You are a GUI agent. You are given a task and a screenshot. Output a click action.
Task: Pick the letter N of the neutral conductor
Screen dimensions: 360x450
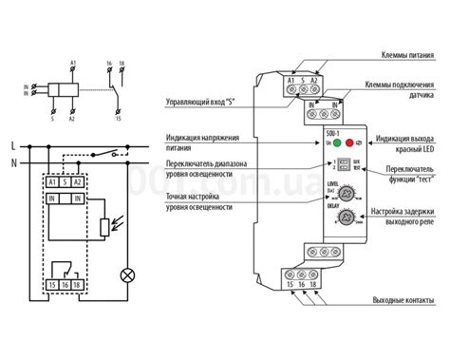11,162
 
